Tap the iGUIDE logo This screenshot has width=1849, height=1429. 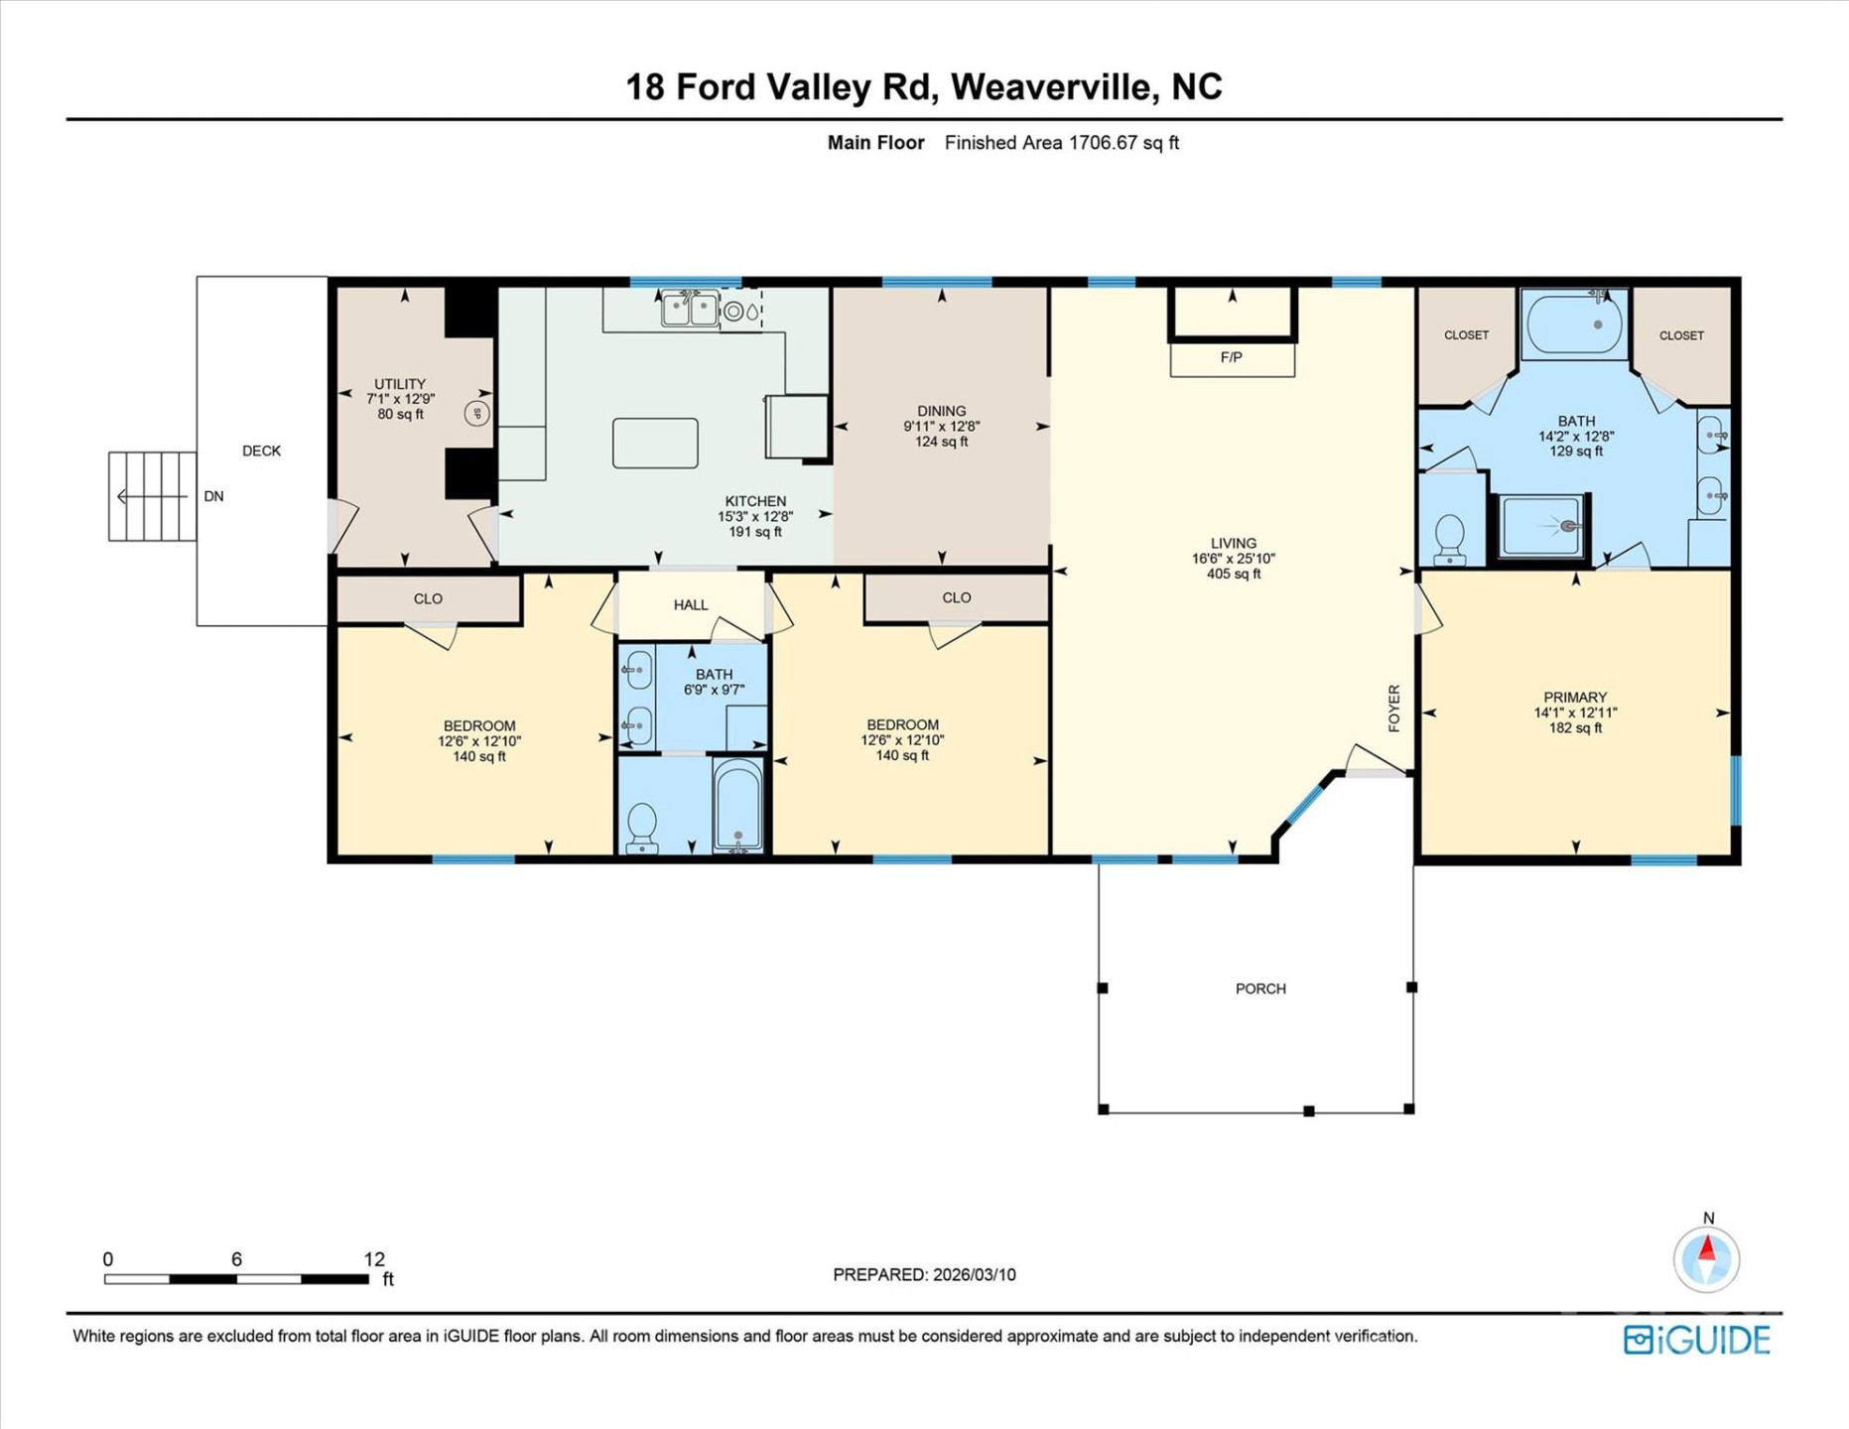pos(1696,1341)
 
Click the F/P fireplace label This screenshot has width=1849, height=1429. pos(1231,357)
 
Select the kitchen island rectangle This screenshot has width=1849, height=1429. pos(655,443)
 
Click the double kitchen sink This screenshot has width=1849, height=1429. pos(690,310)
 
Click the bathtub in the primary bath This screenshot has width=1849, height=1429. pos(1574,325)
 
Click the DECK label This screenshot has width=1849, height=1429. pos(261,451)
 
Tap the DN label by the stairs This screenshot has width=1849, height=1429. pos(213,496)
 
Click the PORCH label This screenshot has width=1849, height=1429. pos(1260,988)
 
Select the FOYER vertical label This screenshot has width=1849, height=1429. pos(1393,709)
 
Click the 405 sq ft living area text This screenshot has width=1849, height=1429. pos(1234,574)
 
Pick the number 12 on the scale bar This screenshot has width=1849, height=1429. pos(373,1258)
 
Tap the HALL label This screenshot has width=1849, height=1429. pos(691,604)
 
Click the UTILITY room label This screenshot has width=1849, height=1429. pos(400,384)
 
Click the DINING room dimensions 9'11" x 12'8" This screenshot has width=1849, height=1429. pos(941,426)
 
